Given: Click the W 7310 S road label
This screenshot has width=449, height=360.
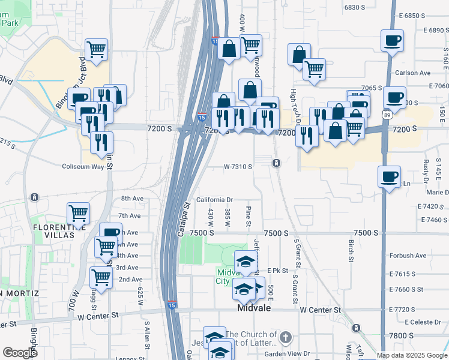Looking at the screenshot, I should (238, 166).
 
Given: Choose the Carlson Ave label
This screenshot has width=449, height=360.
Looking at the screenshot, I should (413, 73).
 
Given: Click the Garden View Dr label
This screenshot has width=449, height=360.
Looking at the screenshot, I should (288, 353).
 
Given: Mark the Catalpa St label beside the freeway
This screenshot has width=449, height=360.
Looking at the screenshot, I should (184, 219).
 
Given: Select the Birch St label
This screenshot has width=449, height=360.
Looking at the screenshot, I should (350, 247).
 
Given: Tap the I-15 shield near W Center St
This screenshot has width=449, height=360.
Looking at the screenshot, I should (172, 305).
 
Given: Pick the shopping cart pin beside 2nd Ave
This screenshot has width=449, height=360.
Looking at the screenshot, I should (101, 277).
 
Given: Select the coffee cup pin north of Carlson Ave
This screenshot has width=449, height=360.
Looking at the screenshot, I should (391, 41).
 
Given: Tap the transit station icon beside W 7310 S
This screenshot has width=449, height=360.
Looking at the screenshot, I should (276, 163).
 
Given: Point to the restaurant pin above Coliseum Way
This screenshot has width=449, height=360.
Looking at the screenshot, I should (101, 142).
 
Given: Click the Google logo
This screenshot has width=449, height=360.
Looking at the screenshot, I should (20, 353).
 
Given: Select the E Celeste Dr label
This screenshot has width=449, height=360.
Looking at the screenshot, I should (423, 322).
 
